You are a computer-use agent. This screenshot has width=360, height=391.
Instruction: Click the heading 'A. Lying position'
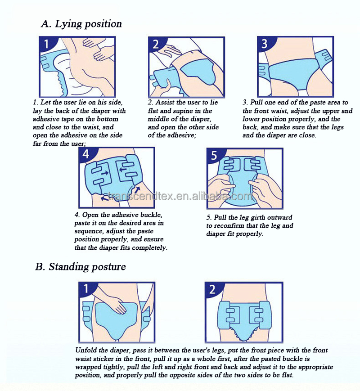[x=81, y=24]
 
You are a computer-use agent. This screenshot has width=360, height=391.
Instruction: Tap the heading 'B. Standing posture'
[x=81, y=267]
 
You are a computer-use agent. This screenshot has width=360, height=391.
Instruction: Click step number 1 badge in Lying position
[x=46, y=44]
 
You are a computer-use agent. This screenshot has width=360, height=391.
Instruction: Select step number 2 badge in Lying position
[x=155, y=44]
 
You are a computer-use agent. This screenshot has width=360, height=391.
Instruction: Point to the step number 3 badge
[x=265, y=44]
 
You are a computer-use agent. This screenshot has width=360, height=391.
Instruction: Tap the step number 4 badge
[x=85, y=154]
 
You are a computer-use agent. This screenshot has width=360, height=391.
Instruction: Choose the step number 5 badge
[x=214, y=155]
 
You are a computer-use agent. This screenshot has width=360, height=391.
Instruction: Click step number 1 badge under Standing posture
[x=86, y=289]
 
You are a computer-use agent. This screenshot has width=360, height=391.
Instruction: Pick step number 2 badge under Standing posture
[x=212, y=289]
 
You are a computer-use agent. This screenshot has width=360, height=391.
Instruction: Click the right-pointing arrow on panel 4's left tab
[x=105, y=173]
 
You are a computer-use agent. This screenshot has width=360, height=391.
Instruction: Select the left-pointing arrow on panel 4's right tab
[x=122, y=170]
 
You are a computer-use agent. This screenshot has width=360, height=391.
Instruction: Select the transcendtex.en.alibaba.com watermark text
[x=180, y=196]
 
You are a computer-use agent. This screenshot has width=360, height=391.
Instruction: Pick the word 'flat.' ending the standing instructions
[x=286, y=375]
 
